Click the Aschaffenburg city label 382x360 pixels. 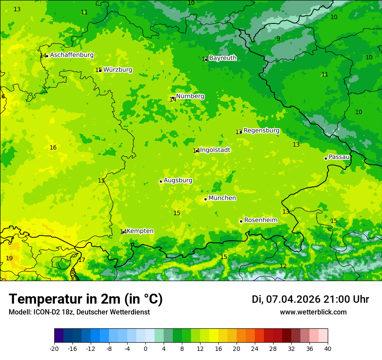coord(72,55)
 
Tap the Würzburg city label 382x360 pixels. coord(118,70)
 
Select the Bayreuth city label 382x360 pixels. coord(223,58)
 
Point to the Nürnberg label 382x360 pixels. coord(190,96)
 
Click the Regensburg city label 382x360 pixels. coord(261,131)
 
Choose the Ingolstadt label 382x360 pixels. coord(215,150)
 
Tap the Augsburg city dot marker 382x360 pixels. coord(161,181)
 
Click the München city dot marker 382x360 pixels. coord(206,199)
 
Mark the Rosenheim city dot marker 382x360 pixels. coord(241,221)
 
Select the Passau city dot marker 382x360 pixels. coord(326,158)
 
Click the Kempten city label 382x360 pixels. coord(140,231)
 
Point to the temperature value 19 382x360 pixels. coord(9,259)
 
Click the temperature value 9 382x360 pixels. coord(278,39)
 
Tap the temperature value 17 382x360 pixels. coord(82,260)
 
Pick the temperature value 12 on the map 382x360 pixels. coord(283,266)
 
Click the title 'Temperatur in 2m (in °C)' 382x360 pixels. coord(86,299)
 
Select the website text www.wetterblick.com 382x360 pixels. coord(313,312)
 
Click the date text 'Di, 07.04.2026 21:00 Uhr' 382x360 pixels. coord(310,299)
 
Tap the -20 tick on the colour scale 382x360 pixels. coord(54,349)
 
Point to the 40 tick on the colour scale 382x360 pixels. coord(327,349)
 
